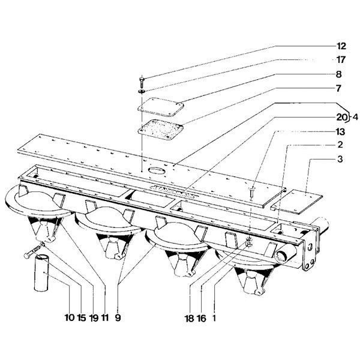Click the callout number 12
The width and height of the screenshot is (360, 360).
click(341, 46)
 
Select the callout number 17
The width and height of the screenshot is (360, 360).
click(341, 60)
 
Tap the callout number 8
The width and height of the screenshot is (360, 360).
click(339, 74)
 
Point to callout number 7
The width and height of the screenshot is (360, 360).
click(339, 88)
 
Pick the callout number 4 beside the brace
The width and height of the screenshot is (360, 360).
click(355, 118)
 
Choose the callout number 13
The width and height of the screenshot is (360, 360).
click(340, 132)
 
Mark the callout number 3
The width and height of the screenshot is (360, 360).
click(340, 159)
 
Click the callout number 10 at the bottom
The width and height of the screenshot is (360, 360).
click(70, 318)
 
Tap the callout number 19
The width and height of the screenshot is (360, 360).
click(94, 318)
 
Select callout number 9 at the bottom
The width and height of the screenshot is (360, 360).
click(118, 318)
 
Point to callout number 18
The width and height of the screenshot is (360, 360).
click(190, 318)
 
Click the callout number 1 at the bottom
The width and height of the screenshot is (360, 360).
click(214, 318)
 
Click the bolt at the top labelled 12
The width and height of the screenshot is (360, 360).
click(142, 82)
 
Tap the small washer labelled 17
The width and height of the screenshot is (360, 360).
click(141, 92)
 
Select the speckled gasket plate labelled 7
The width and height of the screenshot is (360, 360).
click(161, 130)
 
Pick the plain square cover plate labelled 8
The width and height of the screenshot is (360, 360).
click(160, 107)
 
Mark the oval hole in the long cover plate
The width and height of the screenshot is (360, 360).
click(156, 170)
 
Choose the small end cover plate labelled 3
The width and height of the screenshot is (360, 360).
click(296, 202)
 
